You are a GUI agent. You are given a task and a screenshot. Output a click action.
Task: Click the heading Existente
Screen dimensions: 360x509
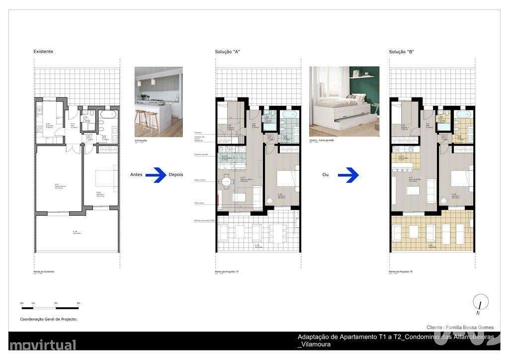click(43, 52)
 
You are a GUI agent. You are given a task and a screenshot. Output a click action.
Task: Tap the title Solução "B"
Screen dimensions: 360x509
click(401, 52)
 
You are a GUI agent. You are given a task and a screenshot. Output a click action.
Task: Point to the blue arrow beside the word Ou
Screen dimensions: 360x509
click(349, 175)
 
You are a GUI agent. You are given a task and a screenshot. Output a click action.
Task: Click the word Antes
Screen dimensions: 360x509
click(136, 175)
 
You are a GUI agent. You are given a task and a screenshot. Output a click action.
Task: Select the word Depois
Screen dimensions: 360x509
click(175, 175)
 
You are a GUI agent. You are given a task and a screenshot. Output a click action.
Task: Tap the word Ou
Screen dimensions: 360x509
click(326, 175)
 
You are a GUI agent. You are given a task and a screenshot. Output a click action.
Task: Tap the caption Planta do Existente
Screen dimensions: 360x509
click(44, 271)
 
